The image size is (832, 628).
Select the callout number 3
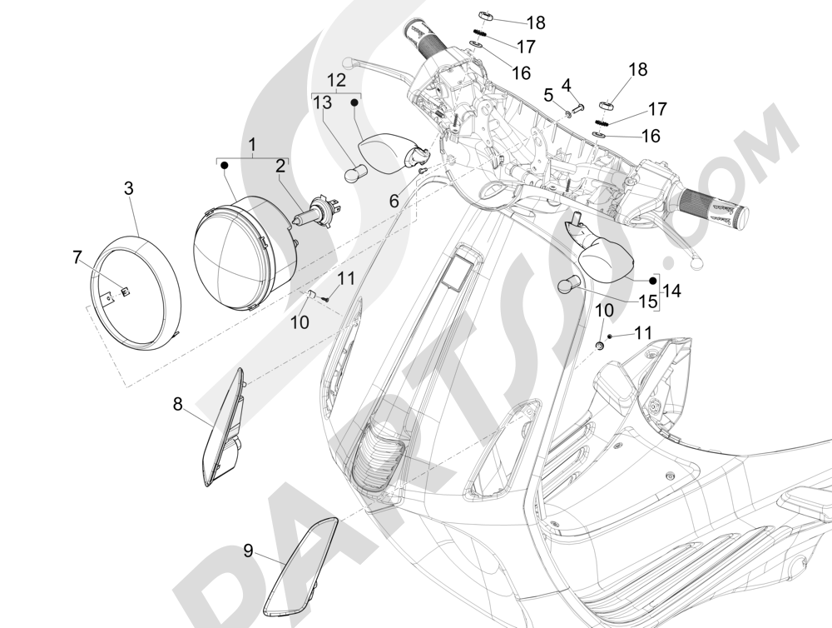click(x=128, y=188)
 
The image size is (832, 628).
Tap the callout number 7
click(x=77, y=257)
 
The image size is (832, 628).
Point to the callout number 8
click(x=177, y=405)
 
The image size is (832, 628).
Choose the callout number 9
click(x=248, y=550)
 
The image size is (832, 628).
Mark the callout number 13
click(x=321, y=102)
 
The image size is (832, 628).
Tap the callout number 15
click(x=646, y=300)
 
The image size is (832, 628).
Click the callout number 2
click(x=281, y=166)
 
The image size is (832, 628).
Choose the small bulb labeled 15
click(x=567, y=284)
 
